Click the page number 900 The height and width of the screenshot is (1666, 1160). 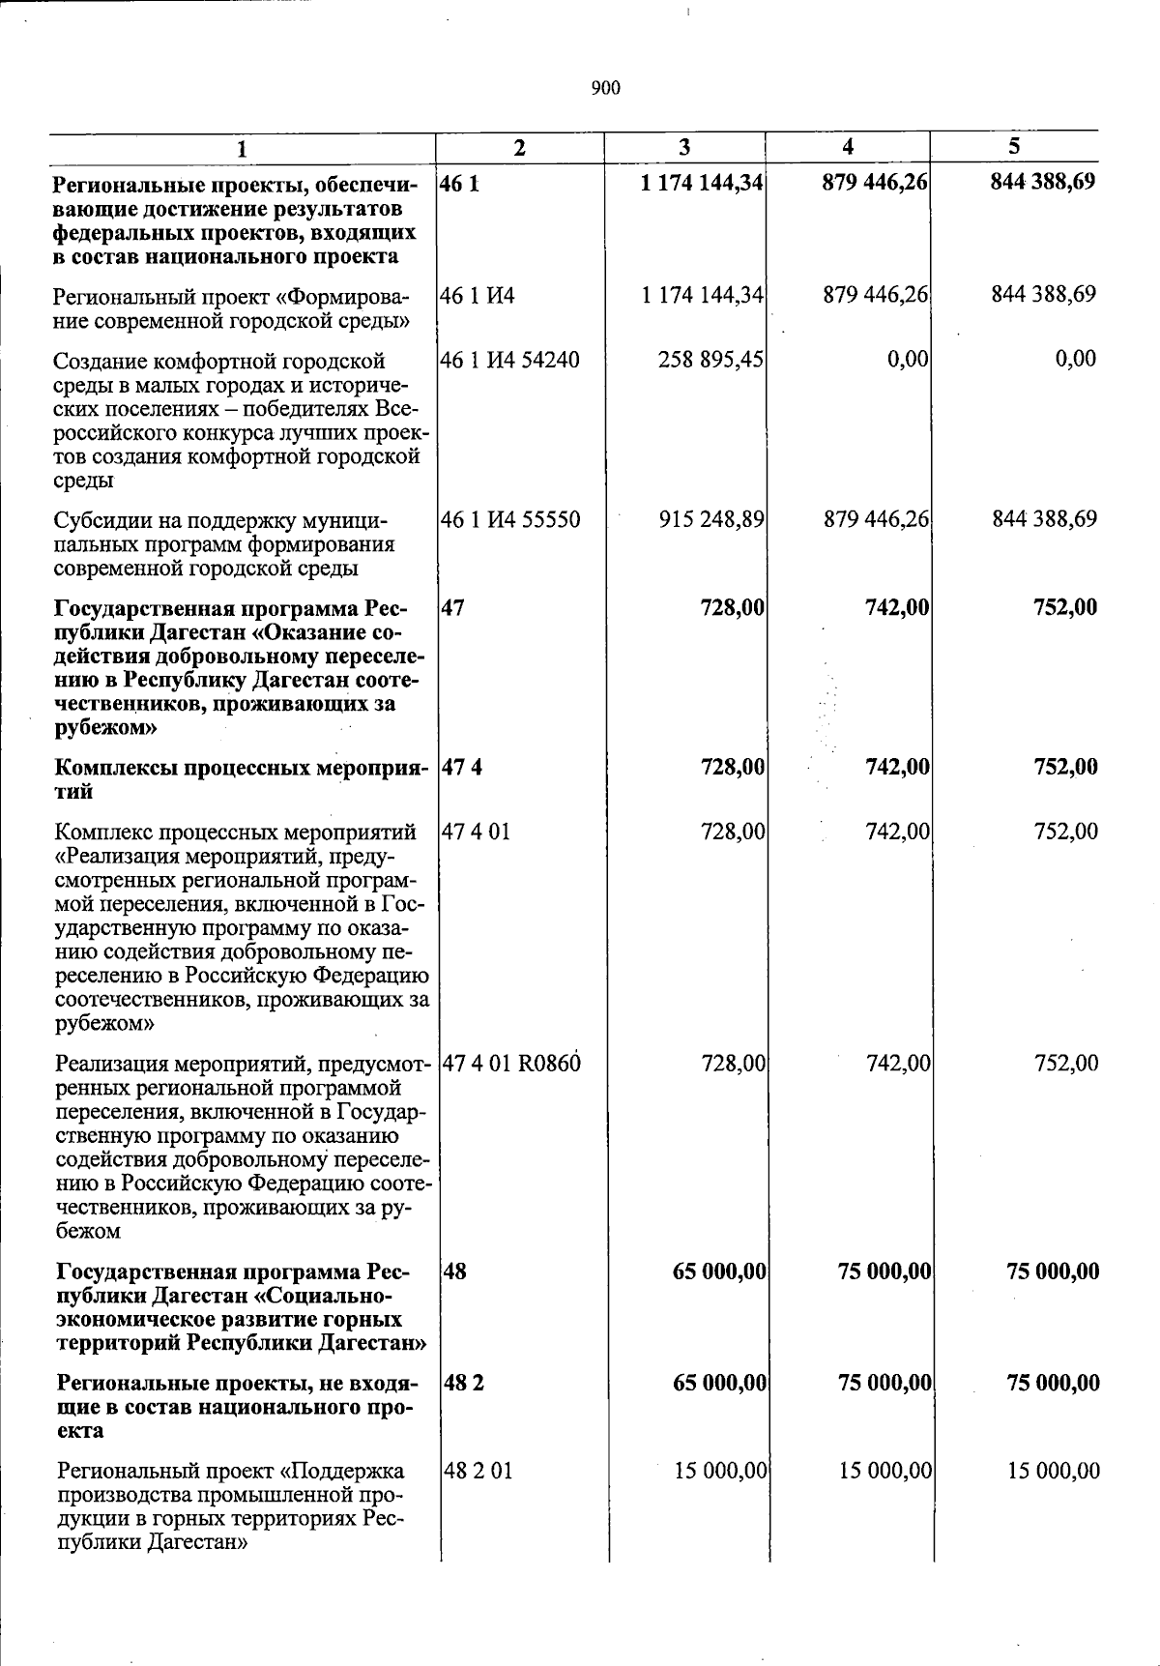point(605,89)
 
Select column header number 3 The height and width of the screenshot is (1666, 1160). point(684,147)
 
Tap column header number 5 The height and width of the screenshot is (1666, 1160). point(1014,146)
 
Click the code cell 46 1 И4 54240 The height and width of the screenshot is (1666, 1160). point(510,361)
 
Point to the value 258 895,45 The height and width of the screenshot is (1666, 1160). point(710,360)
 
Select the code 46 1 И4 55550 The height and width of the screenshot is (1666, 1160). point(510,520)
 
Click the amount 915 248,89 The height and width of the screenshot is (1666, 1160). point(711,519)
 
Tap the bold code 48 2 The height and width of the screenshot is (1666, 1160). point(464,1383)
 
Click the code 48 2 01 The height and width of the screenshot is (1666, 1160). point(478,1471)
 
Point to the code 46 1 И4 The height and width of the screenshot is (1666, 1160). point(478,294)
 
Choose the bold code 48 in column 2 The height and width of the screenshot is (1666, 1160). point(454,1271)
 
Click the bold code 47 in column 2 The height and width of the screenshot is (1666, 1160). point(452,608)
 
